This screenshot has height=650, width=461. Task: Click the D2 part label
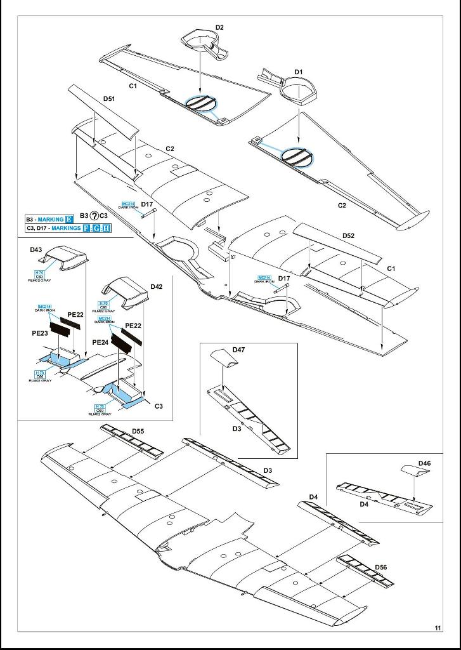coord(219,27)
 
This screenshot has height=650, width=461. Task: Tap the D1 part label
coord(298,72)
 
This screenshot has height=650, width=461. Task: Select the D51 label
coord(109,99)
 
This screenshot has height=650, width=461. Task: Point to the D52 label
coord(348,235)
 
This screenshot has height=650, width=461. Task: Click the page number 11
coord(438,628)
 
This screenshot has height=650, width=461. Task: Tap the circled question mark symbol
coord(94,216)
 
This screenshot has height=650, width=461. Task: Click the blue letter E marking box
coord(70,220)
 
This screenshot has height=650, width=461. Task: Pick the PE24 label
coord(100,342)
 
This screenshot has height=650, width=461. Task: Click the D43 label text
coord(36,250)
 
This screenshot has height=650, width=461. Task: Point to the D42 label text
coord(157,287)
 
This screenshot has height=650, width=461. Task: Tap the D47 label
coord(238,350)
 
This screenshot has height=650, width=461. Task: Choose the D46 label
coord(424,463)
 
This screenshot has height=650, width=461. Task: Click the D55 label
coord(138,432)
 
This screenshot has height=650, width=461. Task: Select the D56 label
coord(380,567)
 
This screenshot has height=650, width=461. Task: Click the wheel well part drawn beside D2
coord(205,44)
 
